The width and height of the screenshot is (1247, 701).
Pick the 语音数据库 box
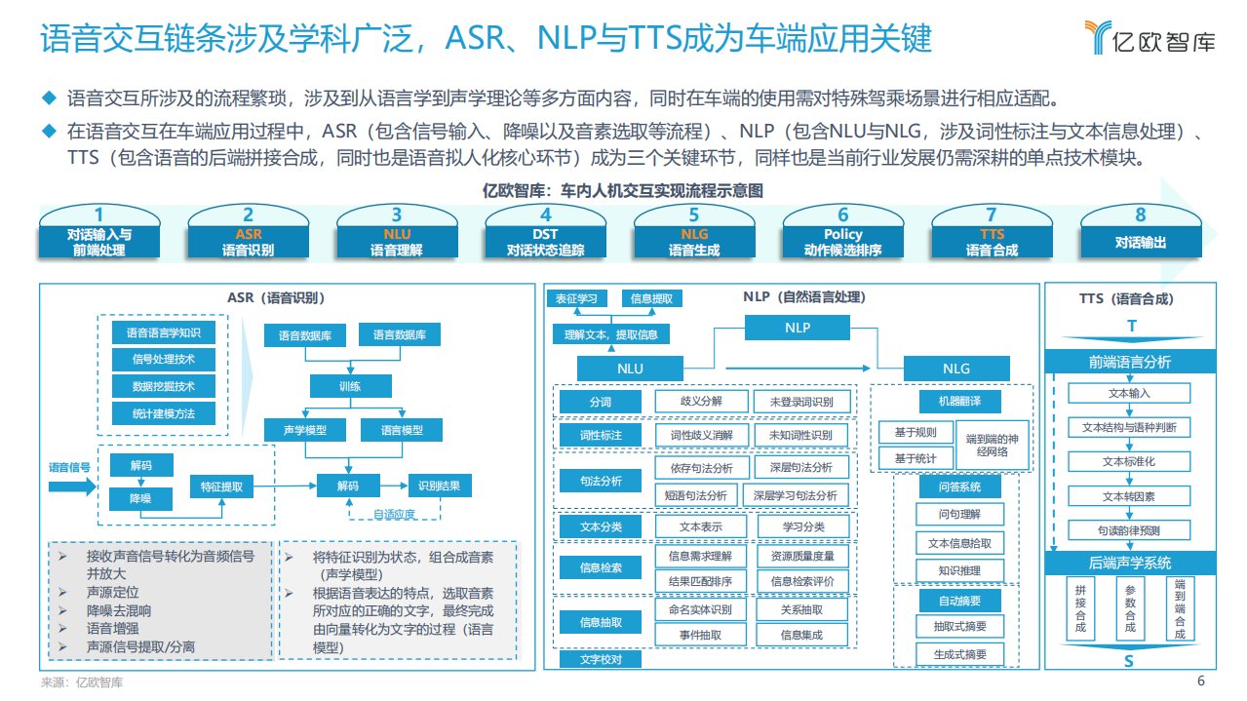[305, 335]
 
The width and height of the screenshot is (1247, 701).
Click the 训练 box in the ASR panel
[350, 386]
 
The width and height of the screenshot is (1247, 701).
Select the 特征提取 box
[222, 486]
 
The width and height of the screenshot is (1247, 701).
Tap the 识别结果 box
[439, 486]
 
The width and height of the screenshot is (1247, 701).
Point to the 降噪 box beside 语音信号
[140, 498]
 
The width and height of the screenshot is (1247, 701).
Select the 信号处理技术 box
[163, 360]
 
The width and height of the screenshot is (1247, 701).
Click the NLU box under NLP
[630, 369]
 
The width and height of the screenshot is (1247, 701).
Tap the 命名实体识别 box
[700, 609]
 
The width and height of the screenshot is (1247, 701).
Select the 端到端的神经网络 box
[992, 445]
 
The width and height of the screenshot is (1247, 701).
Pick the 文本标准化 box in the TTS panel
[1129, 461]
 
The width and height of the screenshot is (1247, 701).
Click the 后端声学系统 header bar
[1129, 564]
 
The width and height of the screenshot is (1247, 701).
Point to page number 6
[1201, 682]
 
